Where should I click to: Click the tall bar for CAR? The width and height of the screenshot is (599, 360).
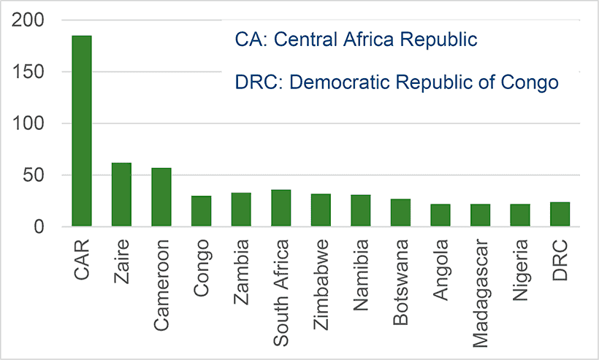pos(81,131)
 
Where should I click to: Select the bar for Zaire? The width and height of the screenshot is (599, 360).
pos(121,195)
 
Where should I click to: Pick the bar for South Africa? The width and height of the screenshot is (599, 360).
pos(281,208)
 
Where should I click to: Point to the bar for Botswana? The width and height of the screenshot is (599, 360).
pos(400,212)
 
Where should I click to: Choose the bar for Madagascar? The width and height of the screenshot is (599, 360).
pos(480,215)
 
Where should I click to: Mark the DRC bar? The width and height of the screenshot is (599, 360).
pos(560,215)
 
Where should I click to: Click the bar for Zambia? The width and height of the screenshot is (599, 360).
pos(241,210)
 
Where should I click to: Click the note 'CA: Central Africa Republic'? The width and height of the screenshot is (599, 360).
pos(356,39)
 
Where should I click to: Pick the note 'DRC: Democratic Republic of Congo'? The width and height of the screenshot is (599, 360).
pos(397,82)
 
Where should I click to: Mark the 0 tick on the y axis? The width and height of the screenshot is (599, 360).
pos(39,227)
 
